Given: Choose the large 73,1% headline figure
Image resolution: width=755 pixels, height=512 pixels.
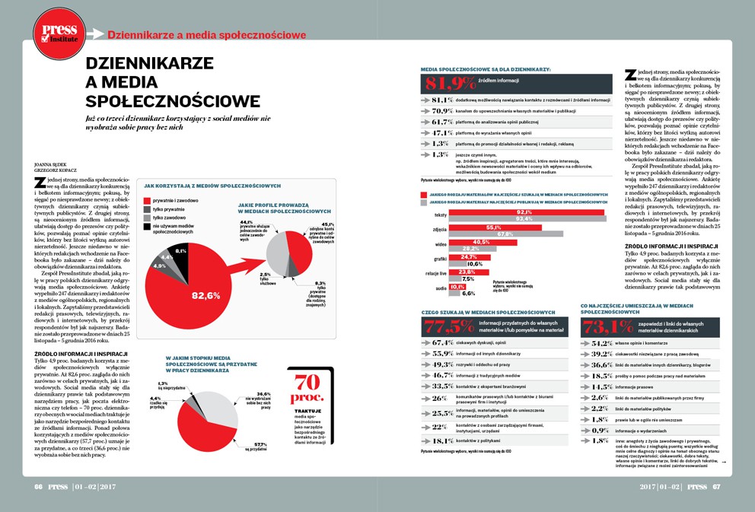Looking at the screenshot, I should [608, 327].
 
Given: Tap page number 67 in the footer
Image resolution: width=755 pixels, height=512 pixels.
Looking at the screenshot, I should [715, 487].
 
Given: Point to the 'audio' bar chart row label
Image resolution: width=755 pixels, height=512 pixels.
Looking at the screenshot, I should [440, 288].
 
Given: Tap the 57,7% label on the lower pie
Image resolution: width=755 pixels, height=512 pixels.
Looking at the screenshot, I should [260, 444].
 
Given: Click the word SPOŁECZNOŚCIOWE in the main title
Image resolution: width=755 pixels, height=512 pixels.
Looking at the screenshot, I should [172, 101].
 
